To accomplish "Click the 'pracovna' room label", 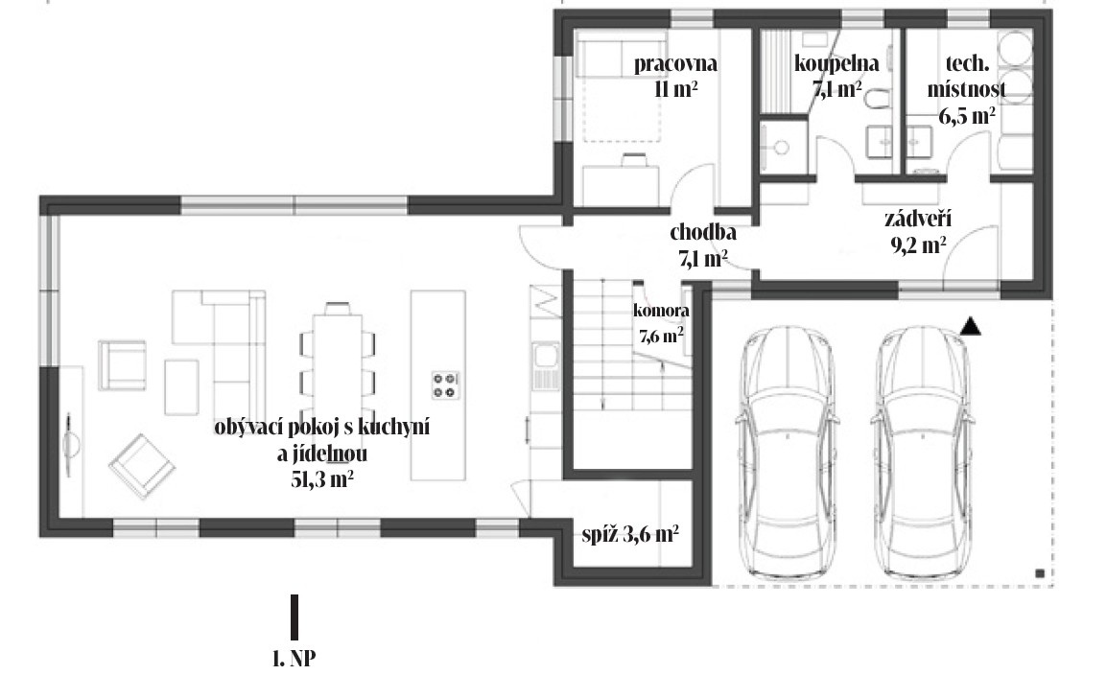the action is tap(675, 64).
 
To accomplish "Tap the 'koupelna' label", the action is tap(836, 63).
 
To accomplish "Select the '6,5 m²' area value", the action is tap(967, 115).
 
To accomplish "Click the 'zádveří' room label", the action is tap(918, 219).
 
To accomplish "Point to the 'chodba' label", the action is tap(703, 232).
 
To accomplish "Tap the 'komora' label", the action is tap(661, 311).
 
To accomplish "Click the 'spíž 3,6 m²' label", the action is tap(630, 534).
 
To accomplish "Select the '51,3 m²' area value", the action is tap(322, 479).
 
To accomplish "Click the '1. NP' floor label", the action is tap(294, 658).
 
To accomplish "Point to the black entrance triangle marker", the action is tap(972, 326).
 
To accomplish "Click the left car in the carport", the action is tap(788, 453).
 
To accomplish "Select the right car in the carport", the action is tap(924, 453).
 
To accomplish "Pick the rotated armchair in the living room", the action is tap(142, 466).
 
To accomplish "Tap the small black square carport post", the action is tap(1039, 573).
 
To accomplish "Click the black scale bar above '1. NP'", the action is tap(294, 617).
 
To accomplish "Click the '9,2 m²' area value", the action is tap(918, 244).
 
